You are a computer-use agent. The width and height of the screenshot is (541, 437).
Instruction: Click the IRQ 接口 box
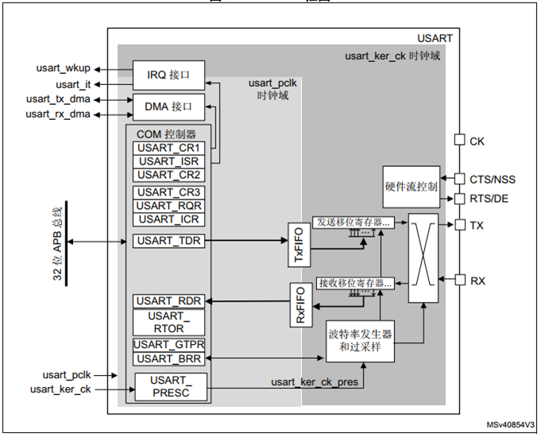(x=168, y=75)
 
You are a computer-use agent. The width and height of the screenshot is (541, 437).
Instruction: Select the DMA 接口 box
(x=168, y=106)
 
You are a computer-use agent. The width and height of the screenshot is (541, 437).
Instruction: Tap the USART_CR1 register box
(x=168, y=149)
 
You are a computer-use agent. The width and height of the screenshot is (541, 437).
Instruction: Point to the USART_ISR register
(x=168, y=161)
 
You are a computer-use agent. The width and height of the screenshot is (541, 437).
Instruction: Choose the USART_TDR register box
(x=168, y=240)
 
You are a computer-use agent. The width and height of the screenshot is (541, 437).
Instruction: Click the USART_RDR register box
(x=168, y=300)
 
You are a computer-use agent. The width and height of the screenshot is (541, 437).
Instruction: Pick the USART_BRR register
(x=168, y=358)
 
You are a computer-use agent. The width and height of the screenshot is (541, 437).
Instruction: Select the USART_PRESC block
(x=168, y=387)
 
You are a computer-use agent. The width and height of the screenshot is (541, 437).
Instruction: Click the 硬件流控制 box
(x=410, y=187)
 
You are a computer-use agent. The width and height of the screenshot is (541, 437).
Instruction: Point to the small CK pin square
(x=458, y=140)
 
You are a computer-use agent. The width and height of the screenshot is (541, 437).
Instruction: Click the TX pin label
(x=477, y=226)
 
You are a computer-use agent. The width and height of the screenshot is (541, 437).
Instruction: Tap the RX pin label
(x=477, y=280)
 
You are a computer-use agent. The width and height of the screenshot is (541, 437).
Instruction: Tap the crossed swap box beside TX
(x=423, y=257)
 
